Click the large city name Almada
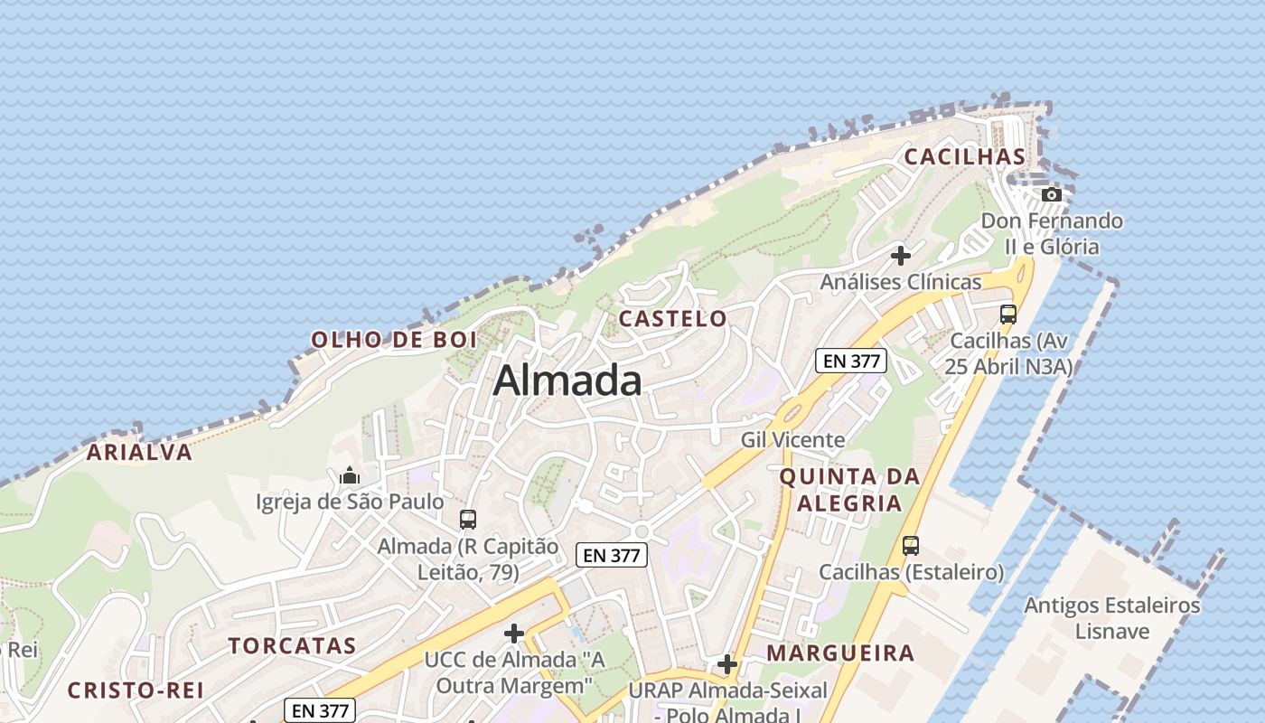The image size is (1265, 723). (x=567, y=380)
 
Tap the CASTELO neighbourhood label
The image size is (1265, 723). (x=672, y=318)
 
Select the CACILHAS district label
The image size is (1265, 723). (x=965, y=157)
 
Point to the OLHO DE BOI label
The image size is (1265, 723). (x=393, y=341)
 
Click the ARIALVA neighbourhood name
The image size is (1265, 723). (x=139, y=453)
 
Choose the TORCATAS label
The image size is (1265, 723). (x=292, y=646)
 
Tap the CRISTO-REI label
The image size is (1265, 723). (x=136, y=690)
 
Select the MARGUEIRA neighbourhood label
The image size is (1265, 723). (x=840, y=653)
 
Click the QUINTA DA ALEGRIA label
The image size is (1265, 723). (x=848, y=490)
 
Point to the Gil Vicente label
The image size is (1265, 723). (x=792, y=440)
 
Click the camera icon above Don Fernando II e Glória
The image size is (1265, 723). (x=1051, y=194)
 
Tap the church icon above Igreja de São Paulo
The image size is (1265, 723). (x=350, y=475)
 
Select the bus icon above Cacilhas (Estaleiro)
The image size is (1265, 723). (x=911, y=546)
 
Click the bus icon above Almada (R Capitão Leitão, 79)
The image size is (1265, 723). (x=467, y=520)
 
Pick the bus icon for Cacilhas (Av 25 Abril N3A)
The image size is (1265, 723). (x=1008, y=315)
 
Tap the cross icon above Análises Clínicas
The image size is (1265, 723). (x=900, y=256)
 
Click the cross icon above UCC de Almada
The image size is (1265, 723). (x=514, y=634)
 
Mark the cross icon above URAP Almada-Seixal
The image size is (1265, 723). (x=727, y=665)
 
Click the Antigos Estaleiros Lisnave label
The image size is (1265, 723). (x=1111, y=618)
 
